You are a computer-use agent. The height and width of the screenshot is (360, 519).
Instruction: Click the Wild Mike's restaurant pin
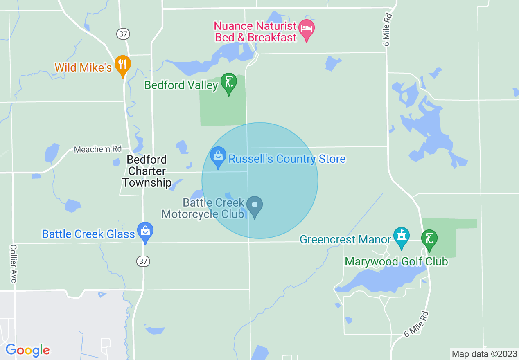click(122, 65)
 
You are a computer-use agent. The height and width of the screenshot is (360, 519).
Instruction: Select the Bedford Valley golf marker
click(228, 82)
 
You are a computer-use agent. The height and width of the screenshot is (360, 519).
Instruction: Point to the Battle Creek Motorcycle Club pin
click(255, 206)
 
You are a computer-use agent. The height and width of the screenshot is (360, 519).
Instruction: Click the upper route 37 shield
click(123, 34)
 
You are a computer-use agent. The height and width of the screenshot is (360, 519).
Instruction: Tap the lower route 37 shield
click(143, 261)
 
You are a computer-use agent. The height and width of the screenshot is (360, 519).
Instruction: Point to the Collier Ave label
click(14, 263)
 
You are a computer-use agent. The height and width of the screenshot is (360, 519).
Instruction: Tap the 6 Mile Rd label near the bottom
click(416, 324)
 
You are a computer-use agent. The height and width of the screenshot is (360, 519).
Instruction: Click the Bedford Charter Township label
click(147, 171)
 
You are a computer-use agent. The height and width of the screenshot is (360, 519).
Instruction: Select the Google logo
click(27, 350)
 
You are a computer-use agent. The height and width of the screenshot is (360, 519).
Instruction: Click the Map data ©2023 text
click(484, 354)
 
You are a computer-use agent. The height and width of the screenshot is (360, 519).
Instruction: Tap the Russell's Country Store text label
click(287, 159)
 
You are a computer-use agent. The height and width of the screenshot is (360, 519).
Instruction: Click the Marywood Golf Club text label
click(396, 261)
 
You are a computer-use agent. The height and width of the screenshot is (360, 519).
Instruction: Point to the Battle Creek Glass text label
click(88, 234)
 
